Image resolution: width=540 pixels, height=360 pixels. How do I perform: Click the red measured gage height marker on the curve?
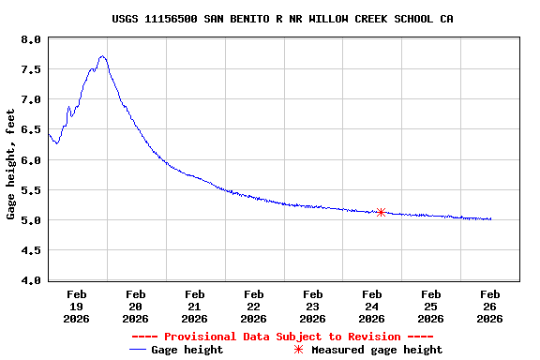click(x=381, y=212)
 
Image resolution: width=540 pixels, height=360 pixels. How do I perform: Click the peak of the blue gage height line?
click(x=102, y=56)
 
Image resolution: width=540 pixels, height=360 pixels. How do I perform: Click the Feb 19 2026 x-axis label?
click(x=77, y=306)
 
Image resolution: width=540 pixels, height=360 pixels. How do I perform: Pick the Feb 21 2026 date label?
click(x=195, y=306)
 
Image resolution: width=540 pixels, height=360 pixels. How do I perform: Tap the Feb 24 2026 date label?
click(x=371, y=306)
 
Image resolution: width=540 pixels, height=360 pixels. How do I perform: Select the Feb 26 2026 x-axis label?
click(x=489, y=306)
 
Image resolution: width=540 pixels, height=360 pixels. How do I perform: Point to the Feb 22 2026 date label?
click(x=253, y=306)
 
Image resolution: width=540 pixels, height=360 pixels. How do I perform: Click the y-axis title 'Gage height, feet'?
click(x=10, y=164)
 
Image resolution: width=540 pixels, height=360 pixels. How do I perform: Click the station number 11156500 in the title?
click(x=170, y=19)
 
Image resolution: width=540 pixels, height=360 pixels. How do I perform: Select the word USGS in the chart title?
click(x=125, y=19)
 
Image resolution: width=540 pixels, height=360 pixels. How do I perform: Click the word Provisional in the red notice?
click(x=197, y=337)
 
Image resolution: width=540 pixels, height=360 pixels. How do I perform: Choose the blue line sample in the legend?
click(x=140, y=350)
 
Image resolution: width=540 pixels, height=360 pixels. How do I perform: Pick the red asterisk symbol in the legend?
click(x=298, y=350)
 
